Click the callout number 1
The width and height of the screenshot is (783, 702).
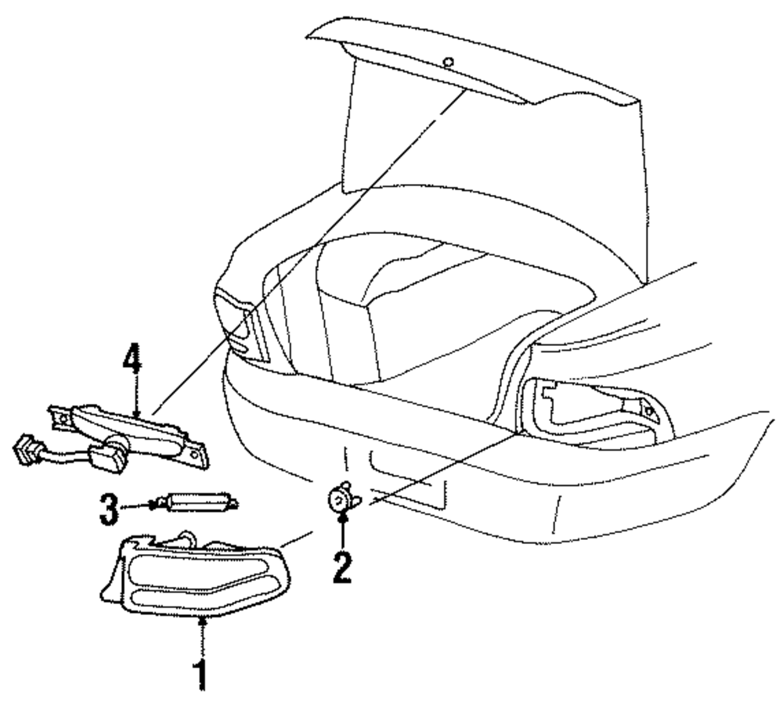coord(202,675)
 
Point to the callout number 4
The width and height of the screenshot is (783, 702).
coord(132,362)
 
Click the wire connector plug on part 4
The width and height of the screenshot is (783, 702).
coord(28,452)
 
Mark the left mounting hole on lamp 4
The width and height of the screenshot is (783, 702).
coord(60,419)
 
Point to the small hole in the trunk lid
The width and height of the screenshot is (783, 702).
coord(447,62)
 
